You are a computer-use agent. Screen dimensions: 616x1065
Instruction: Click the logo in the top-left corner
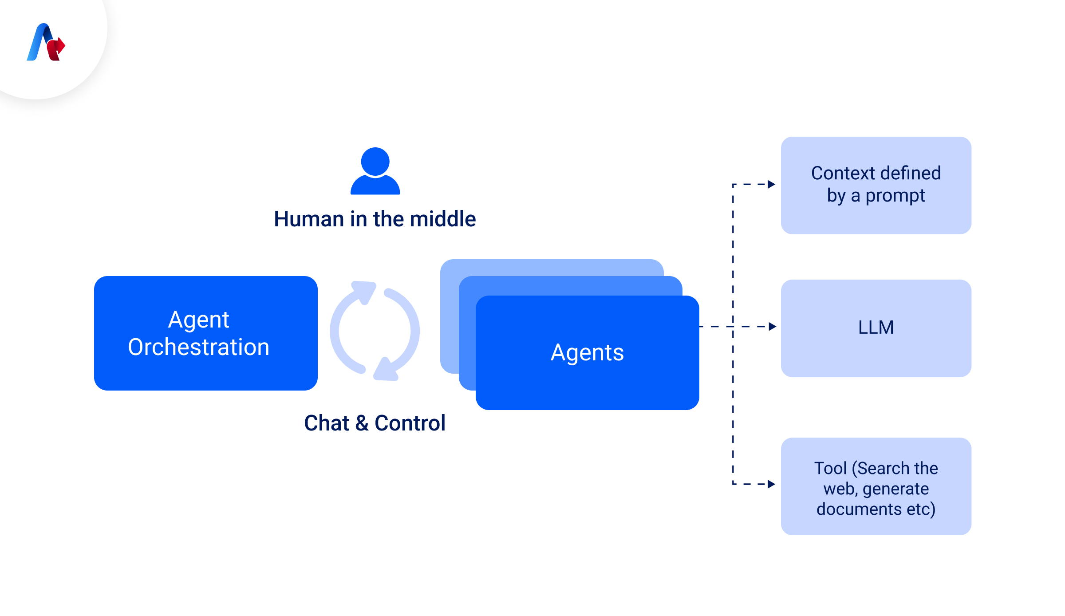[x=46, y=42]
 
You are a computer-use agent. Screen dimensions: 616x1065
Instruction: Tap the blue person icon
[x=375, y=171]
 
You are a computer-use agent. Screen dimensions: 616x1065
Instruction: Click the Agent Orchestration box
[x=205, y=333]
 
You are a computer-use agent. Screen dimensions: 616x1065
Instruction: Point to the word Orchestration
[x=198, y=347]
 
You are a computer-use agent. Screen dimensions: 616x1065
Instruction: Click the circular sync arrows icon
[x=375, y=331]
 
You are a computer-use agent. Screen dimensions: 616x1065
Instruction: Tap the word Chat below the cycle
[x=327, y=423]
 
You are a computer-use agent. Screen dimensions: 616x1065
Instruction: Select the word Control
[x=410, y=423]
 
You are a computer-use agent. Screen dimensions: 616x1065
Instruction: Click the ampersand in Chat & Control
[x=362, y=423]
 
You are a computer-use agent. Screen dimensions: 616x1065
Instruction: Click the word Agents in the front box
[x=587, y=353]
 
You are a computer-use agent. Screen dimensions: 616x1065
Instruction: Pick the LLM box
[x=876, y=328]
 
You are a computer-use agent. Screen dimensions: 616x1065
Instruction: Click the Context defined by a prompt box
[x=876, y=185]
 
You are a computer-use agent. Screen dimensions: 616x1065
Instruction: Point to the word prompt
[x=895, y=196]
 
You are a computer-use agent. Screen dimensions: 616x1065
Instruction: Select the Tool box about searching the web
[x=876, y=486]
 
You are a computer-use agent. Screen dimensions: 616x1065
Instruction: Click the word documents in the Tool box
[x=859, y=509]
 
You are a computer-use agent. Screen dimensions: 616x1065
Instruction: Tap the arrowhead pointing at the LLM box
[x=773, y=327]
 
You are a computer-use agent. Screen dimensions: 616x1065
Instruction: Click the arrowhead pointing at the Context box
[x=772, y=184]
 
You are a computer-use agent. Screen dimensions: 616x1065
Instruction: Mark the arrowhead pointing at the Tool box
[x=772, y=484]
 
